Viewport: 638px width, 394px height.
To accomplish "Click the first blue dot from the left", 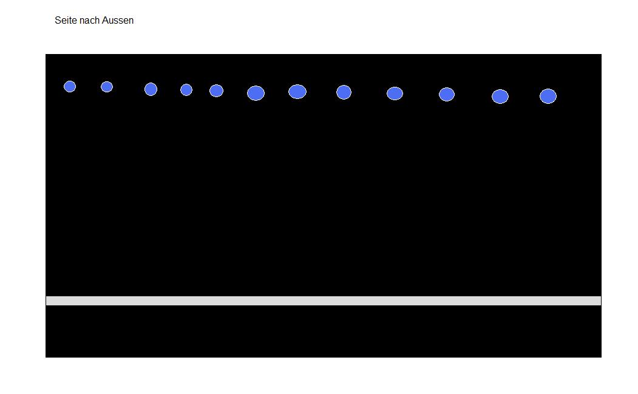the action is coord(70,86).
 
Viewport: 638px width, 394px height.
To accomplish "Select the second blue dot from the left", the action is coord(107,87).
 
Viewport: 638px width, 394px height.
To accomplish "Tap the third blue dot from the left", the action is coord(151,89).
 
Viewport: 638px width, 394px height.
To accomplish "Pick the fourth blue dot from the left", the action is coord(186,90).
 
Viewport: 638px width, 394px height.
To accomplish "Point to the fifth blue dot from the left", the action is coord(217,91).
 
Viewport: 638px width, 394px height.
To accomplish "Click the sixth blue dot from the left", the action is coord(256,93).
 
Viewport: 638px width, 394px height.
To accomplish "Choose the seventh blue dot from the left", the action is coord(297,92).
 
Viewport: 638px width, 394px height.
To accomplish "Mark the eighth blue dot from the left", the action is coord(344,92).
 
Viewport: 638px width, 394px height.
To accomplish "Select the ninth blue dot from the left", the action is coord(395,93).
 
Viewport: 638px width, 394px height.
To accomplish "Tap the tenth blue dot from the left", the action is coord(447,95).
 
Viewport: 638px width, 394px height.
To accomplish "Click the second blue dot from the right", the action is coord(500,97).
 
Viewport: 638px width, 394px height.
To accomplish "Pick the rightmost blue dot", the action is coord(548,96).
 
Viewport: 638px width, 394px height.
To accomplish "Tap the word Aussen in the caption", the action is coord(118,21).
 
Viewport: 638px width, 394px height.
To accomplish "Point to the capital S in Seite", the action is coord(58,21).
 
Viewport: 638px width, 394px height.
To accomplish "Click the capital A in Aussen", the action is coord(105,21).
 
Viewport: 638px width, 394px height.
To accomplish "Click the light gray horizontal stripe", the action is coord(324,301).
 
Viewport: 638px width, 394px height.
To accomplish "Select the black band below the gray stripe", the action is coord(324,331).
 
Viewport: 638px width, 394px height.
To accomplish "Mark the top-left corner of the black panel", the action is coord(46,54).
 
